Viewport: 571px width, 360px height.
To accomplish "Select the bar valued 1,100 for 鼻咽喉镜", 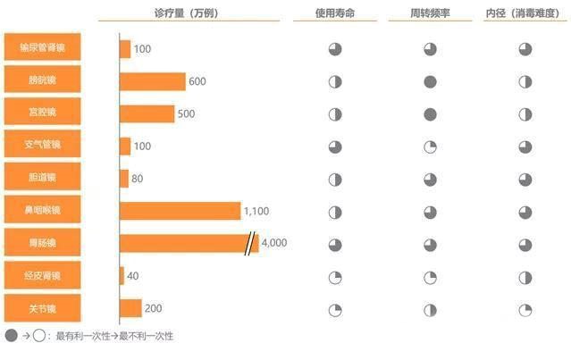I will tap(180, 211).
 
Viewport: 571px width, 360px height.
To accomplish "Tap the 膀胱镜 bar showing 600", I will tap(152, 81).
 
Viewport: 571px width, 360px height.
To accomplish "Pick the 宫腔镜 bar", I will tap(147, 113).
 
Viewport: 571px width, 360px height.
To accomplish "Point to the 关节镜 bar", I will tap(130, 308).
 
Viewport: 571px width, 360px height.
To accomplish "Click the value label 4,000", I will tap(274, 243).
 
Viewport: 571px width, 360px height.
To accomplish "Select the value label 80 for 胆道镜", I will tap(138, 179).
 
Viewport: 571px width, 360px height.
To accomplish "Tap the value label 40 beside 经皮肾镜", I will tap(133, 276).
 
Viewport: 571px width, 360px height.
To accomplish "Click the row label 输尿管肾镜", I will tap(42, 48).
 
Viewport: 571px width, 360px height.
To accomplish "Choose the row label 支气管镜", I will tap(42, 146).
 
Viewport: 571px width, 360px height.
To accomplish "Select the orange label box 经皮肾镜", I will tap(42, 275).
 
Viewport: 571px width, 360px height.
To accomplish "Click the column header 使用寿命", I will tap(334, 13).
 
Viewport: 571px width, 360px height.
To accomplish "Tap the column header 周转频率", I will tap(429, 13).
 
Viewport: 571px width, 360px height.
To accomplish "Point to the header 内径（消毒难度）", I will tap(524, 13).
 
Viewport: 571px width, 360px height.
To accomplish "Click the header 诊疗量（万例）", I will tap(186, 13).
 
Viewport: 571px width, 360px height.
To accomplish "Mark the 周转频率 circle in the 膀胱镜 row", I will tap(430, 82).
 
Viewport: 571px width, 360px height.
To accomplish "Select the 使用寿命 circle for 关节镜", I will tap(335, 309).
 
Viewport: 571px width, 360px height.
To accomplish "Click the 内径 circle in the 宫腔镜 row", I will tap(525, 114).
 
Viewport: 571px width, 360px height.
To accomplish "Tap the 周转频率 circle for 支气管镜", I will tap(430, 147).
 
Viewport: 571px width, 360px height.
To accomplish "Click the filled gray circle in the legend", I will tap(11, 336).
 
